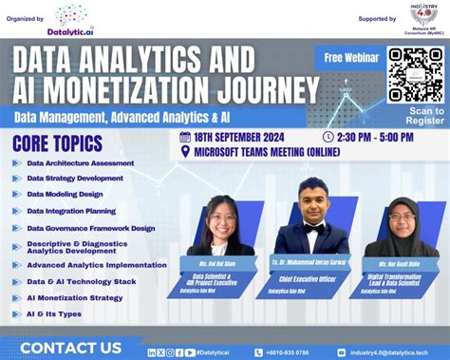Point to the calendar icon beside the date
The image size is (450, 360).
click(186, 137)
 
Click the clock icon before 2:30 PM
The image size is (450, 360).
click(328, 137)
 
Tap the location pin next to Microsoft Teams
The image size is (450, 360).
click(185, 151)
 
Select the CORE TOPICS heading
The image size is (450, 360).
click(57, 143)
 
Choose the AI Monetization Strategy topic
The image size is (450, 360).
click(75, 297)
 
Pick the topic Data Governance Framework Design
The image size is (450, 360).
click(91, 228)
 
